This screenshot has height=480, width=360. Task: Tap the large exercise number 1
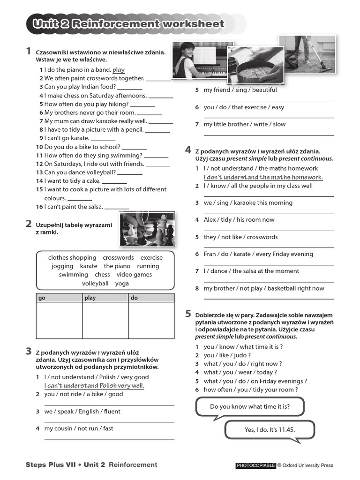point(29,51)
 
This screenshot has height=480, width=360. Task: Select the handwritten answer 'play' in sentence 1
point(119,70)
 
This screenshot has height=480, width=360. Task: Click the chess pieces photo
point(147,229)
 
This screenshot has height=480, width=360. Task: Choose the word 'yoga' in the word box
point(122,284)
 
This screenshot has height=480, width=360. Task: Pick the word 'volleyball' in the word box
point(95,284)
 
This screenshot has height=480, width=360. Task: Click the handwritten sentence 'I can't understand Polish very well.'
point(94,386)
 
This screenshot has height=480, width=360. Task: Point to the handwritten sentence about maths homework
point(263,177)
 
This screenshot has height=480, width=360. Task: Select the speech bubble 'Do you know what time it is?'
point(250,406)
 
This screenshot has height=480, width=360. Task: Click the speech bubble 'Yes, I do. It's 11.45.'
point(270,429)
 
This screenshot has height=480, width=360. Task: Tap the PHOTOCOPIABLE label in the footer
point(255,465)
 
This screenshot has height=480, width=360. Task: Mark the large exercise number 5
point(188,314)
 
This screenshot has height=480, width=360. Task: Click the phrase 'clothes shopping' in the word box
point(72,258)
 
